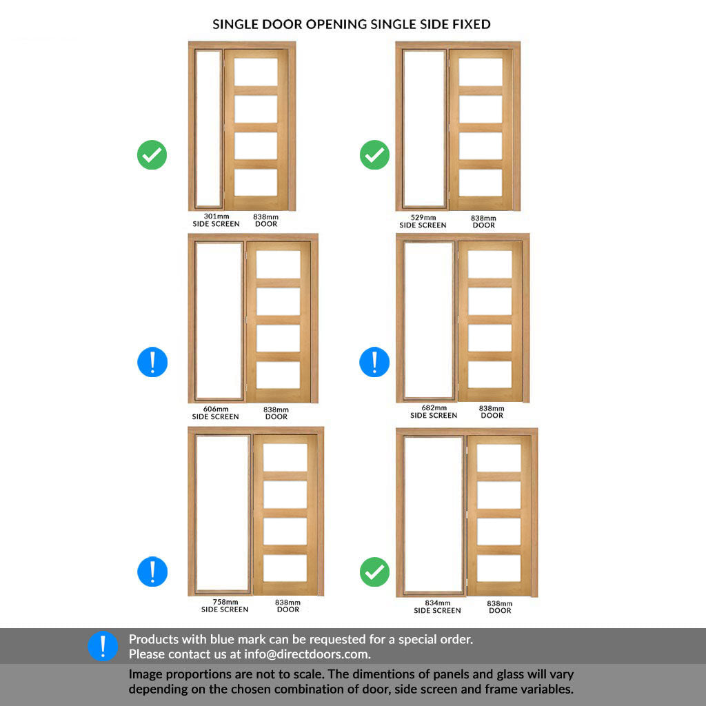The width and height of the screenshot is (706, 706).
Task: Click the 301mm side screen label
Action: [x=216, y=220]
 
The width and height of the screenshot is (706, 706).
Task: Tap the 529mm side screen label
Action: [x=423, y=221]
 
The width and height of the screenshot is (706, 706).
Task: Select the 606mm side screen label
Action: [x=216, y=413]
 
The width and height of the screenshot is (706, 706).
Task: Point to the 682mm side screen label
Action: [x=434, y=412]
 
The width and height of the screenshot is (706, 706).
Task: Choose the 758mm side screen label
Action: [x=225, y=605]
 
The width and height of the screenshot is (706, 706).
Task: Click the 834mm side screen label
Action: [x=437, y=607]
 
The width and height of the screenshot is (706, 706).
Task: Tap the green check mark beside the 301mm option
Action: [x=152, y=155]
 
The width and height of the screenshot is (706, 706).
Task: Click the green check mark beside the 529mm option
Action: [x=374, y=155]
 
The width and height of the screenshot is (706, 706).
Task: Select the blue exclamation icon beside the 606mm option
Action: [x=152, y=362]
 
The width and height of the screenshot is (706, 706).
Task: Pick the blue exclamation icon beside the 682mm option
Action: [x=374, y=362]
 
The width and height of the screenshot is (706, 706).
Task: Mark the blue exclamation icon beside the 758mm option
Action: [x=152, y=572]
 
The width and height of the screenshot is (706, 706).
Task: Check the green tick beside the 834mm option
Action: [x=374, y=572]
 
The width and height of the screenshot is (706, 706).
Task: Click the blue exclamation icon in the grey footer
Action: [x=103, y=645]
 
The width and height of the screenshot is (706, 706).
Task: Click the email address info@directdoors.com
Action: [x=307, y=654]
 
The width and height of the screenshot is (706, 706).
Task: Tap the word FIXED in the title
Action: [x=472, y=24]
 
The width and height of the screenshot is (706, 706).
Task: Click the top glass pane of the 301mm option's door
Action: [x=256, y=72]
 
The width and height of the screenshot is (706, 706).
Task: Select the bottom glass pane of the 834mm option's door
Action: [x=499, y=568]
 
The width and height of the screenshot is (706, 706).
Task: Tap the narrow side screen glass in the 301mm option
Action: [x=208, y=128]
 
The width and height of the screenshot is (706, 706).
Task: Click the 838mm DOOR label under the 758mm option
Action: [x=288, y=605]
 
